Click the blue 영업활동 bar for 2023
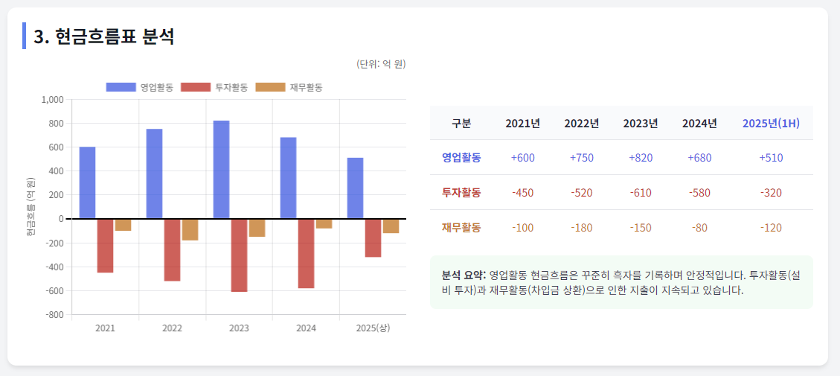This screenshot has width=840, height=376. click(x=221, y=170)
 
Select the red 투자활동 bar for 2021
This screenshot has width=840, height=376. click(x=105, y=246)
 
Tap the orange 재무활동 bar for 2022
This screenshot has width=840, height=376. click(x=190, y=229)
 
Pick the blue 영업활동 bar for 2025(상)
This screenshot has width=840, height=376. click(x=355, y=188)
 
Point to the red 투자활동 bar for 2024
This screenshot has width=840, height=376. click(x=306, y=253)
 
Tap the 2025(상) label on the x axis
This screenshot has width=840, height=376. click(x=373, y=328)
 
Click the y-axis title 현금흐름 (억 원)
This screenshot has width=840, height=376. click(x=31, y=207)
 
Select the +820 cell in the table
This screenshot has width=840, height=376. click(x=640, y=158)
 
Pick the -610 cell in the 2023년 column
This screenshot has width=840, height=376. click(x=640, y=193)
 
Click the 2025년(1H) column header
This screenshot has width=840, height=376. click(x=771, y=123)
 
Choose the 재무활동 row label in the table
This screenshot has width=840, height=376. click(x=461, y=228)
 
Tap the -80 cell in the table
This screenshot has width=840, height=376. click(x=699, y=228)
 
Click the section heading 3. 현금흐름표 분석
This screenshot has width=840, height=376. click(x=104, y=36)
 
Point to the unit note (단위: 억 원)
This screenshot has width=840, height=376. click(x=382, y=64)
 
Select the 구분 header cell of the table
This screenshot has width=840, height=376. click(x=461, y=123)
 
